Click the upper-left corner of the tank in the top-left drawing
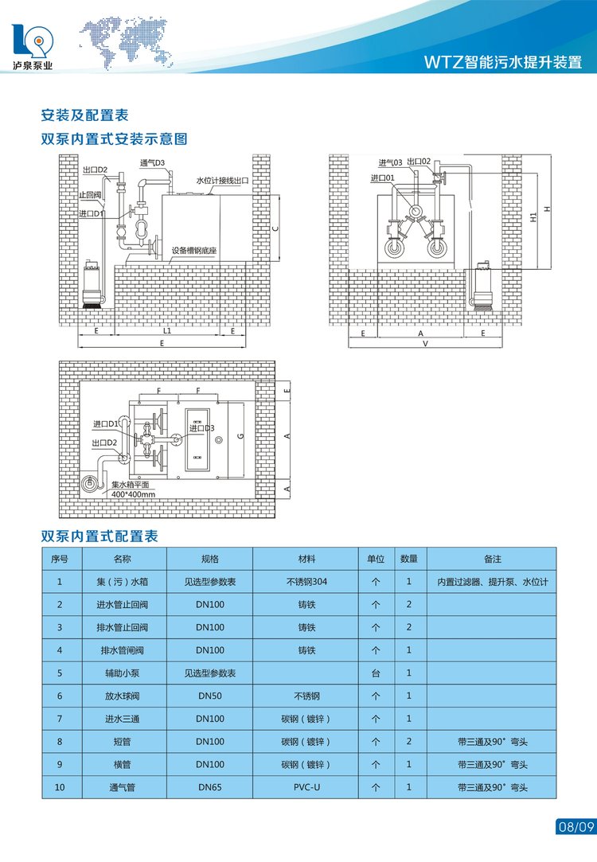pyautogui.click(x=162, y=195)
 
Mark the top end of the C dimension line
pyautogui.click(x=279, y=195)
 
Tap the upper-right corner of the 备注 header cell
pyautogui.click(x=556, y=548)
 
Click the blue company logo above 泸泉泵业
pyautogui.click(x=33, y=41)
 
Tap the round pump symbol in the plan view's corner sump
pyautogui.click(x=89, y=483)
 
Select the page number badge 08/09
pyautogui.click(x=576, y=826)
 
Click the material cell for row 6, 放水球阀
pyautogui.click(x=306, y=696)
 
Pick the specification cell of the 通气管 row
pyautogui.click(x=209, y=787)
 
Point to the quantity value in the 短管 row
pyautogui.click(x=409, y=741)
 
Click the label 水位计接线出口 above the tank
pyautogui.click(x=222, y=181)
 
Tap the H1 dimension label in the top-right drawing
pyautogui.click(x=533, y=218)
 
